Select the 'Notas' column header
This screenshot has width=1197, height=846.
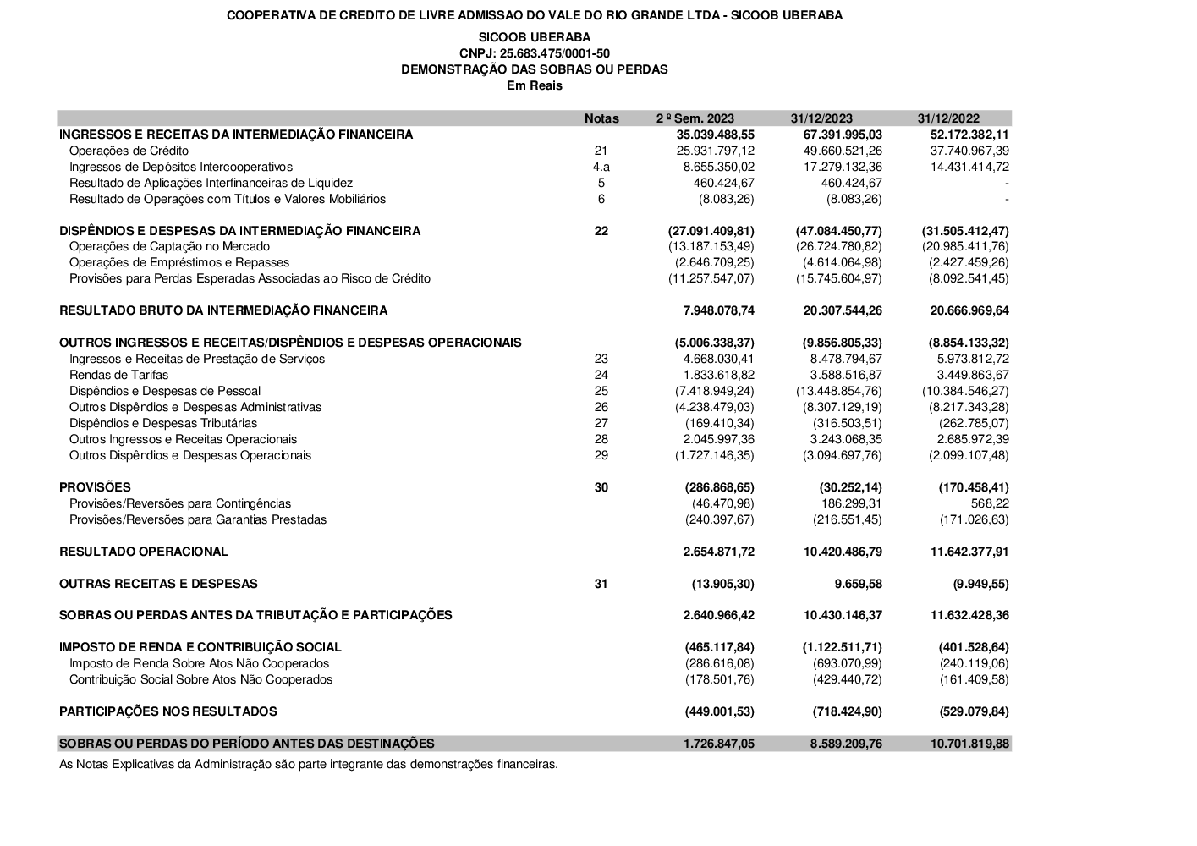point(601,118)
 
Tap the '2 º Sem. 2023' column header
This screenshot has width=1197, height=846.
point(695,118)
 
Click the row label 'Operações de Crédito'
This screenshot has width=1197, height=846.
point(129,151)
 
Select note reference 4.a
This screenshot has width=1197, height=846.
point(601,167)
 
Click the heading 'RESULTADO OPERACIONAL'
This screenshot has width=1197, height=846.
point(144,552)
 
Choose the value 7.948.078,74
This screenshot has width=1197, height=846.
point(718,310)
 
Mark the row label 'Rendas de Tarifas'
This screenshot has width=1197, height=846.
point(118,375)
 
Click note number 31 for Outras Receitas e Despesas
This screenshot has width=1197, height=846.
point(601,584)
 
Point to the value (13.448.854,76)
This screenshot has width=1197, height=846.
point(838,391)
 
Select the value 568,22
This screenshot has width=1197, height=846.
point(990,503)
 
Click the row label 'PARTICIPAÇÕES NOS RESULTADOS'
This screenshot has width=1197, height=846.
point(168,711)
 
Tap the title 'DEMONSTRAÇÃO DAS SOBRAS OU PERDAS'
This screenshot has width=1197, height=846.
point(534,69)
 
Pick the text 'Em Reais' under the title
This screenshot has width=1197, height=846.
point(535,85)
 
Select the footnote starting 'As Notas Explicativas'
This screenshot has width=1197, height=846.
point(309,764)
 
